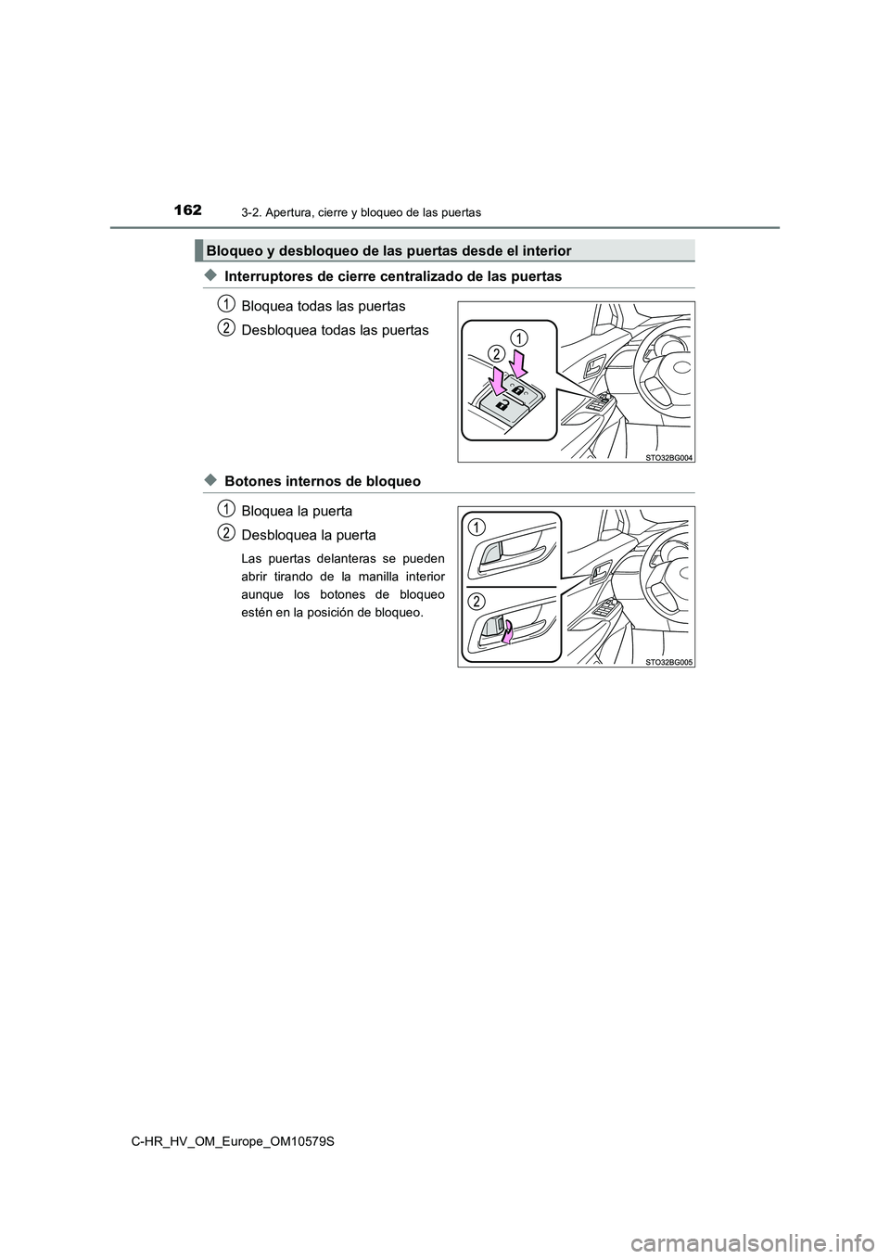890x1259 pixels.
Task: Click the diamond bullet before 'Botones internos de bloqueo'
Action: tap(210, 480)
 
